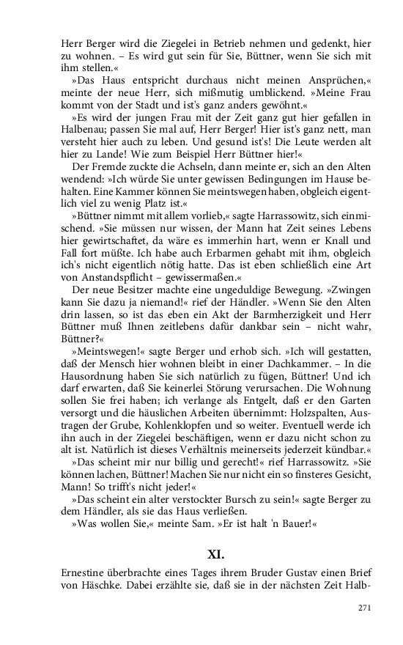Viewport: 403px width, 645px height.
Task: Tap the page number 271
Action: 366,608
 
